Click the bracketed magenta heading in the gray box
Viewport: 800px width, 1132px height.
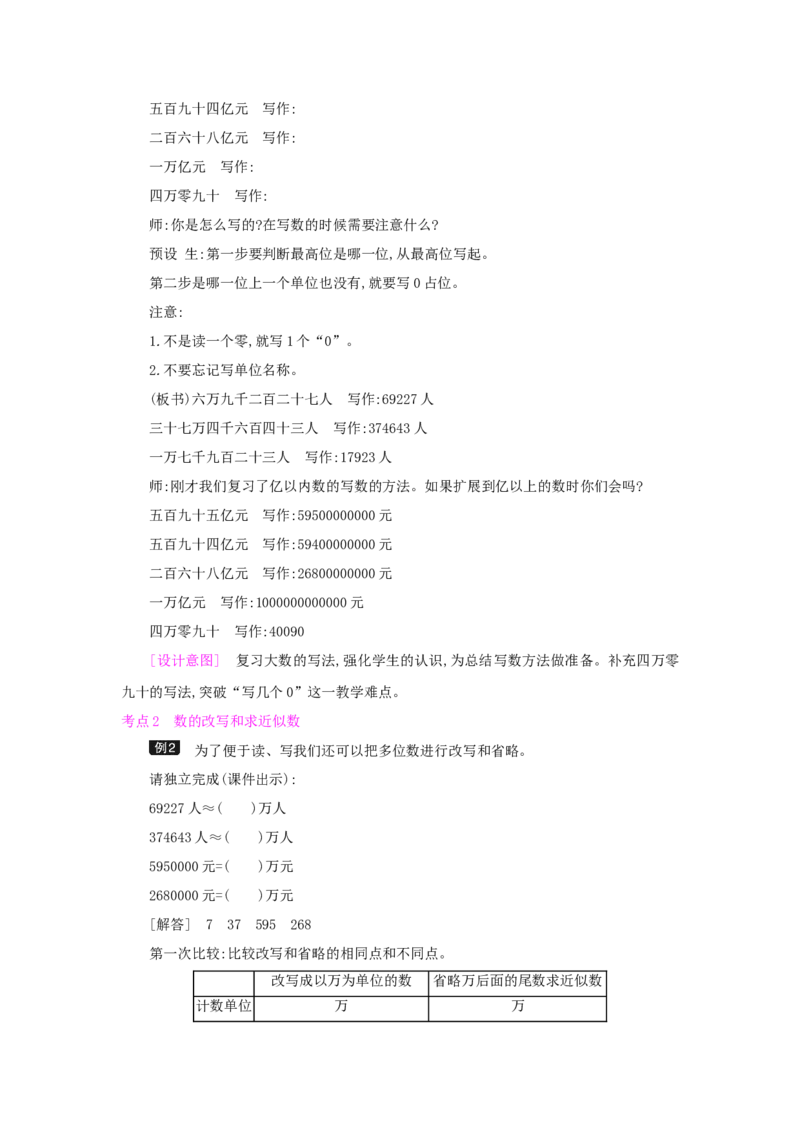(184, 660)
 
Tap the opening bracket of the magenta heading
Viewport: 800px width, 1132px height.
(151, 660)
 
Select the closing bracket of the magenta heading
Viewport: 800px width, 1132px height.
(217, 660)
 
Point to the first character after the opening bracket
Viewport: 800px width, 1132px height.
(161, 660)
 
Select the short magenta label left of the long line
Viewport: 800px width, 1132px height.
(140, 720)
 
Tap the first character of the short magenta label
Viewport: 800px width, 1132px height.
(127, 720)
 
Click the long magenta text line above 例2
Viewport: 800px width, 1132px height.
(236, 720)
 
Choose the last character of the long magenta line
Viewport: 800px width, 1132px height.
(295, 720)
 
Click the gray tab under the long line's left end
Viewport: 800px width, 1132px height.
(180, 732)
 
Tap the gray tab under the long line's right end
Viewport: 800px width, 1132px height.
(292, 732)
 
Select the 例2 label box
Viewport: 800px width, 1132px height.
(164, 748)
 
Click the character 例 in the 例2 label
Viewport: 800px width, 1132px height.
(160, 748)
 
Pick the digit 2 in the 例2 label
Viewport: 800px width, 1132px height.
(172, 748)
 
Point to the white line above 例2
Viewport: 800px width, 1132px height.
(164, 738)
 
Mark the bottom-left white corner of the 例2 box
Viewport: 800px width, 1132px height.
(148, 756)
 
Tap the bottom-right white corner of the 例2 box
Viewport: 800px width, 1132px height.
(180, 756)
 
